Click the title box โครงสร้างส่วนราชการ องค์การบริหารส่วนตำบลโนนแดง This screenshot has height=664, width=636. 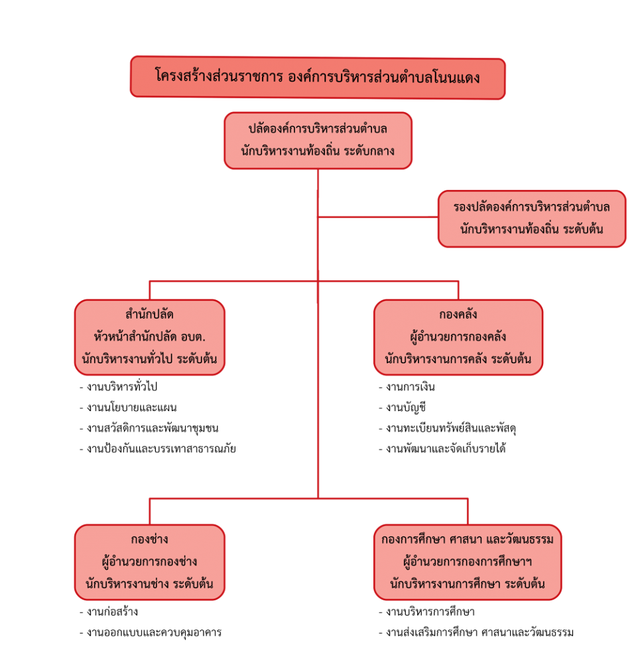tap(318, 78)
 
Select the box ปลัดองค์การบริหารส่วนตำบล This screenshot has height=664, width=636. tap(318, 141)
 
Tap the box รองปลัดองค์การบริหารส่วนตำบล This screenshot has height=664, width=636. tap(532, 218)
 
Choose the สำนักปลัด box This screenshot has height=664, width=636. tap(150, 337)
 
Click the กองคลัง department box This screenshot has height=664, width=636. tap(458, 337)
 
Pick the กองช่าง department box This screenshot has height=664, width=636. tap(150, 562)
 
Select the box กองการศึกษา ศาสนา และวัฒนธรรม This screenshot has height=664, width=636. tap(468, 562)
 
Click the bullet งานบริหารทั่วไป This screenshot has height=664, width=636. tap(119, 386)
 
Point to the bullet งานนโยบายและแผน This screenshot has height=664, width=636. tap(128, 408)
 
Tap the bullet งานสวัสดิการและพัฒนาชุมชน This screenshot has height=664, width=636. tap(149, 428)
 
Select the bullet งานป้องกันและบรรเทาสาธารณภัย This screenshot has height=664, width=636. tap(158, 448)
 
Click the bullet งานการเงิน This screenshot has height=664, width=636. tap(407, 386)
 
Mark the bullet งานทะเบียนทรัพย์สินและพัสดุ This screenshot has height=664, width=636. tap(448, 428)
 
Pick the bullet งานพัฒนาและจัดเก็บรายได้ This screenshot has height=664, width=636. tap(442, 448)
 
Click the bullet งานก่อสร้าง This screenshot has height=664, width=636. tap(109, 612)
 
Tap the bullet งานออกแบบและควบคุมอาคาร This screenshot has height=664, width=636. tap(151, 632)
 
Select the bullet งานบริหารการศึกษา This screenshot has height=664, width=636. tap(426, 612)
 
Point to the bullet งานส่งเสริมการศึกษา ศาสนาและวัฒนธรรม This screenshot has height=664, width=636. tap(476, 632)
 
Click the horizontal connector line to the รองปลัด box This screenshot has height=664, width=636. tap(378, 217)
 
